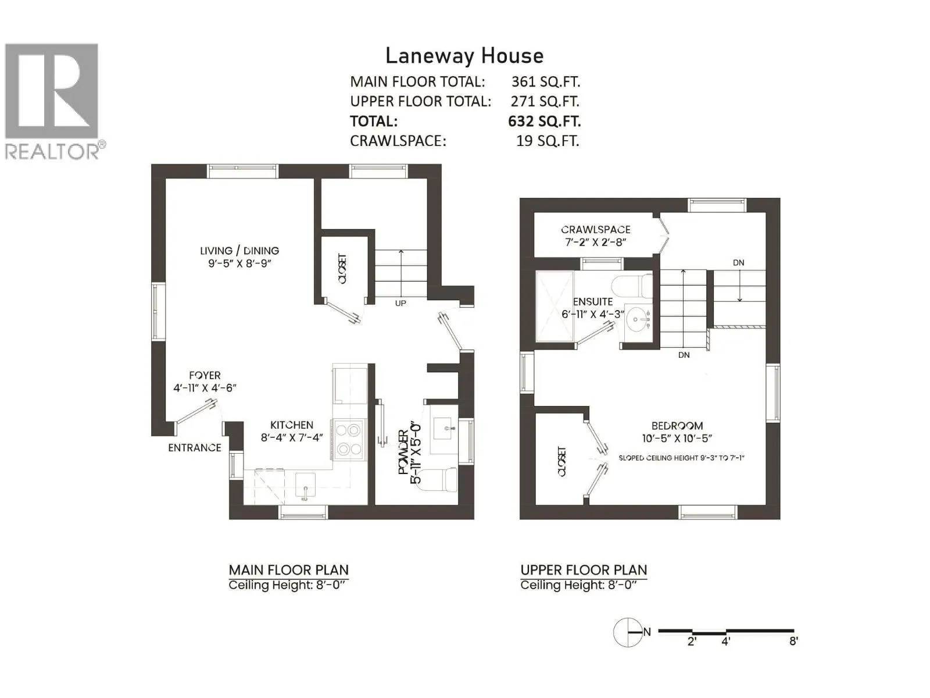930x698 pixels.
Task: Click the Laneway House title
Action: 464,56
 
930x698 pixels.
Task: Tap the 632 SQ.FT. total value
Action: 544,121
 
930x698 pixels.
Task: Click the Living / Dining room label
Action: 239,257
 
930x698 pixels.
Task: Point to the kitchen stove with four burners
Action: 348,440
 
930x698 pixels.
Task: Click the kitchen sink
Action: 305,485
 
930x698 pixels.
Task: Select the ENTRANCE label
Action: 195,447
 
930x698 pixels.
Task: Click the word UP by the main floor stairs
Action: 400,303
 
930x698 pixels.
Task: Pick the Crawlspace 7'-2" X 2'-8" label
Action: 595,236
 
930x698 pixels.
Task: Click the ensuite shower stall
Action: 555,307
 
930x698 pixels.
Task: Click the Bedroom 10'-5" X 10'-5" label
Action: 677,432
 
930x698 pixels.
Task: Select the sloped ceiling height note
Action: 681,458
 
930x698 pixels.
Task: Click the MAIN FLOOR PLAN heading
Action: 288,570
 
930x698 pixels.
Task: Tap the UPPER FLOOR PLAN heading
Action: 584,570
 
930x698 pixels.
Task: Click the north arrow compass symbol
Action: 628,632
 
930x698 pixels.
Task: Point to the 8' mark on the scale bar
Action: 793,641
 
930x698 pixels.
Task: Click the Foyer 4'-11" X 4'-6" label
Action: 205,382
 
